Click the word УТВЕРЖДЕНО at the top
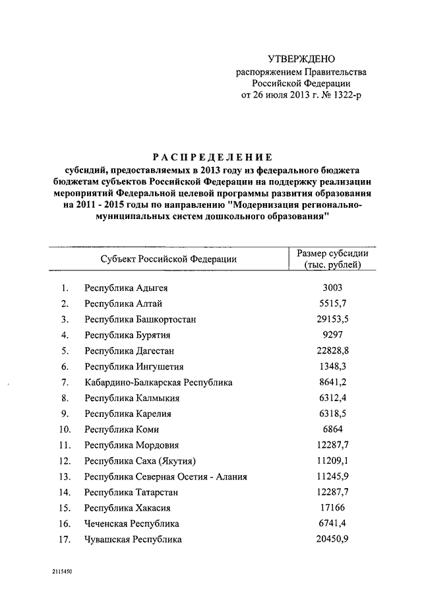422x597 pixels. [x=301, y=59]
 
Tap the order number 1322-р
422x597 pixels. [x=347, y=95]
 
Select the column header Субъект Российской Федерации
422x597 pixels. [x=169, y=260]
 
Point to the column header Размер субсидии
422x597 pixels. [x=332, y=254]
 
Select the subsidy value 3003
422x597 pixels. [x=332, y=288]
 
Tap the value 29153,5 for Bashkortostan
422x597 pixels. [x=332, y=319]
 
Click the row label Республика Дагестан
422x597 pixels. [x=129, y=351]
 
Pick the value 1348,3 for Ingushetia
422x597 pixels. [x=332, y=366]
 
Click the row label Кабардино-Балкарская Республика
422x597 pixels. [x=158, y=382]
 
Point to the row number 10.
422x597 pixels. [x=64, y=429]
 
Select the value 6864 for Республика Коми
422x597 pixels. [x=332, y=429]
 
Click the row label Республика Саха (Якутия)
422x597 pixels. [x=140, y=460]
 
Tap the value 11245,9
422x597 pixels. [x=332, y=476]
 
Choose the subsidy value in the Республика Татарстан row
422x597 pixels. [x=332, y=491]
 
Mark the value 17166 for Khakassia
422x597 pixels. [x=332, y=507]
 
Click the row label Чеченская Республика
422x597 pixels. [x=132, y=523]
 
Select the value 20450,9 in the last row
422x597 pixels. [x=332, y=539]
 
